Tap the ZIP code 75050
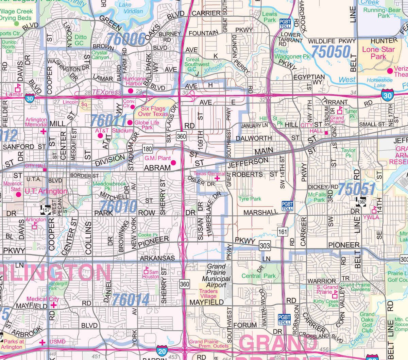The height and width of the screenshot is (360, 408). (331, 51)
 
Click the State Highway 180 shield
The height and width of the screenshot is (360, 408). (147, 149)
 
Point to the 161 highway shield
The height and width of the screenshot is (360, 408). (283, 232)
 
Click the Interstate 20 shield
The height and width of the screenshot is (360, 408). (162, 350)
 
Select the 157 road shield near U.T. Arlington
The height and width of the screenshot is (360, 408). (45, 210)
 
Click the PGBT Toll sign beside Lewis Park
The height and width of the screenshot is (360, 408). (285, 23)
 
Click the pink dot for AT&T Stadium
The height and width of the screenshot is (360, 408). (100, 136)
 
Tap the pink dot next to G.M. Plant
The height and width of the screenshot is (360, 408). (173, 163)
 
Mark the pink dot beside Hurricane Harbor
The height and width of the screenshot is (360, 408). (130, 91)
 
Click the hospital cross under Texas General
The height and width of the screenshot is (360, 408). (217, 178)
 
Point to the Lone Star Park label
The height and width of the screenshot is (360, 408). (378, 53)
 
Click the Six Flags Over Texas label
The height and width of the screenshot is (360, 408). (153, 111)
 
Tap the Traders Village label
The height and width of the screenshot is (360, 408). (208, 294)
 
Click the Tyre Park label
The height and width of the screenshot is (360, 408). (250, 199)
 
